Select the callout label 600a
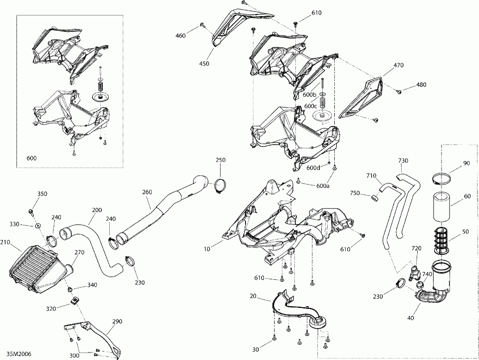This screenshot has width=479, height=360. [323, 186]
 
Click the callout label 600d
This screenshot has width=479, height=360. [313, 168]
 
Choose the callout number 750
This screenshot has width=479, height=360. [355, 193]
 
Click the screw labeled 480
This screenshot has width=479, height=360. [399, 91]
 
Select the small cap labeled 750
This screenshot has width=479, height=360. [372, 199]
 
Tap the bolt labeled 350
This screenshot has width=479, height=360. [32, 211]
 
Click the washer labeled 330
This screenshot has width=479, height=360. [38, 226]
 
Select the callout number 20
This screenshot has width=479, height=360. [253, 296]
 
